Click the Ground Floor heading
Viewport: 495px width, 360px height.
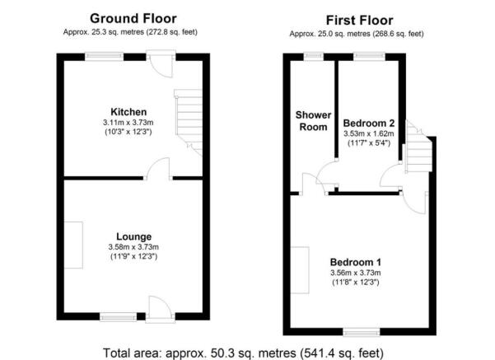point(133,19)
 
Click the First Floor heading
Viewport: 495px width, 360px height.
point(360,21)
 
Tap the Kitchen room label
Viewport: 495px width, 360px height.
point(128,112)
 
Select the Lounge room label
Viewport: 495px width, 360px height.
point(134,236)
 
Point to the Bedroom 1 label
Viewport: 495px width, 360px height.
point(356,262)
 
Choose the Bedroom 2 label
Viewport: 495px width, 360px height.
point(369,123)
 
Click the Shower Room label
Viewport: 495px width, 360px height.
point(313,121)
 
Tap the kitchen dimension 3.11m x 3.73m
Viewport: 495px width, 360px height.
point(128,123)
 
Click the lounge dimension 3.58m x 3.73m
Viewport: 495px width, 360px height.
point(133,247)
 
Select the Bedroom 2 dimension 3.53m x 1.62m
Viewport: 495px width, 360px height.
point(369,133)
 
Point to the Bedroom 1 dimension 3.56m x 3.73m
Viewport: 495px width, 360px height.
point(356,273)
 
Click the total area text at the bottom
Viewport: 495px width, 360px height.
point(243,353)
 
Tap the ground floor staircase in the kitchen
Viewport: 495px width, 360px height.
point(189,123)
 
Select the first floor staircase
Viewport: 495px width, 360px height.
point(418,147)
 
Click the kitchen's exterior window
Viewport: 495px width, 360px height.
point(104,57)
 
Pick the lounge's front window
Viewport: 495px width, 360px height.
point(118,316)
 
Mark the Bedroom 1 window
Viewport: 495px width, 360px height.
point(362,332)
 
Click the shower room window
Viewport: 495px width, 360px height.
point(314,57)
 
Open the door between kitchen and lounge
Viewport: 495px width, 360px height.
point(158,169)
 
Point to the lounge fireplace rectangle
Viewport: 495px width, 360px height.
point(73,245)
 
